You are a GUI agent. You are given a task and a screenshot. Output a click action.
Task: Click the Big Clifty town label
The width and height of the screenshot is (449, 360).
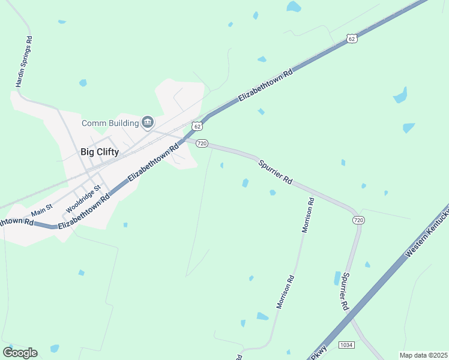[100, 152]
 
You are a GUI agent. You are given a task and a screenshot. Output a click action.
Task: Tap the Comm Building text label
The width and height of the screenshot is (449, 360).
[110, 124]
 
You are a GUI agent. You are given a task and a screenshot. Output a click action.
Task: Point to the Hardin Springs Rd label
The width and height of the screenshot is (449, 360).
[23, 62]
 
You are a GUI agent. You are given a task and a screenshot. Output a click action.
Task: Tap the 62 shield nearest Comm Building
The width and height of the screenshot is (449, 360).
[197, 126]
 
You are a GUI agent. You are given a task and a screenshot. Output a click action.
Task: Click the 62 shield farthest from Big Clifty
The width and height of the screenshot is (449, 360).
[352, 38]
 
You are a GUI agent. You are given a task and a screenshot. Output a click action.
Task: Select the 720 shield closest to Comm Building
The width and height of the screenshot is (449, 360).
[202, 143]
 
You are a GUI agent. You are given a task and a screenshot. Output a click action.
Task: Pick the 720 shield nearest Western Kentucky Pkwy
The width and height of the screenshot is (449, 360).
[358, 220]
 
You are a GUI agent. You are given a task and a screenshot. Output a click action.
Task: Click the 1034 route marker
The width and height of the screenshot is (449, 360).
[346, 344]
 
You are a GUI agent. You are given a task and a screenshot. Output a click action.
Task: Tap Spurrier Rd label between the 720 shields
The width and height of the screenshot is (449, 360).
[275, 172]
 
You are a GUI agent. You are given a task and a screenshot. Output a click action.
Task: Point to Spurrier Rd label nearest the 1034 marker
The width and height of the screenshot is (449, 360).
[345, 292]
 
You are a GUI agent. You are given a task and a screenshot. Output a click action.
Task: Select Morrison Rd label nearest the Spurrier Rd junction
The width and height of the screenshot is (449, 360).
[309, 215]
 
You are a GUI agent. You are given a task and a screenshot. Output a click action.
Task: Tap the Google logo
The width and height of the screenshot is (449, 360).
[20, 352]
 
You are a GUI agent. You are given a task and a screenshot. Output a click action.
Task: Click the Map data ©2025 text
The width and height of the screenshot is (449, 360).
[423, 355]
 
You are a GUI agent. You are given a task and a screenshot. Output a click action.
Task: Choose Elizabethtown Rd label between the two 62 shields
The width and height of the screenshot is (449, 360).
[266, 85]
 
